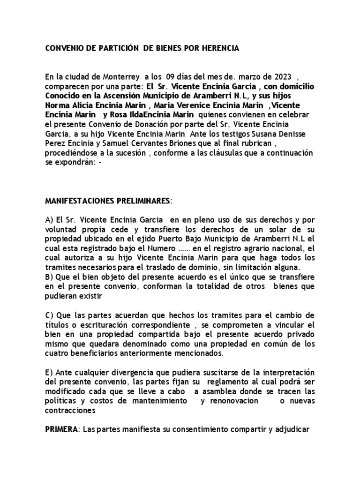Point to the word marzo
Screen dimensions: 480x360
coord(247,76)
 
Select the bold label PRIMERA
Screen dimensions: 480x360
coord(62,429)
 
